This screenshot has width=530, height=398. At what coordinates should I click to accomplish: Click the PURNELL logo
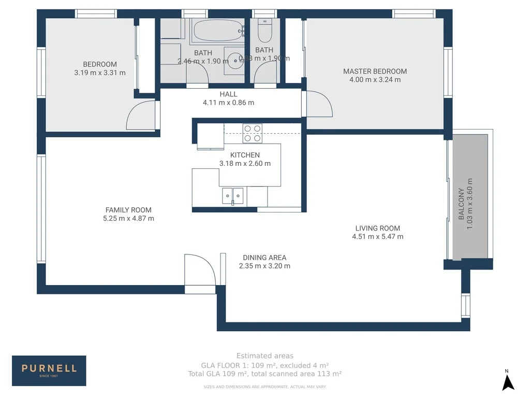49,370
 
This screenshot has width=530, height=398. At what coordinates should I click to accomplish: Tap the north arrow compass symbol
508,382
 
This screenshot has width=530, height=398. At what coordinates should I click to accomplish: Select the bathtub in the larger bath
217,32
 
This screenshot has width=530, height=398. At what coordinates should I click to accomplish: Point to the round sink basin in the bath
237,60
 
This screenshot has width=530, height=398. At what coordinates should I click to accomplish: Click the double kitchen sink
233,196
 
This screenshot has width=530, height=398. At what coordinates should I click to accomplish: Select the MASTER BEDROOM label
375,71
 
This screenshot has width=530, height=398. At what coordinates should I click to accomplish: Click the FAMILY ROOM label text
128,210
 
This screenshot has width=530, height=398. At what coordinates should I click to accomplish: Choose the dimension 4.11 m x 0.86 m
228,103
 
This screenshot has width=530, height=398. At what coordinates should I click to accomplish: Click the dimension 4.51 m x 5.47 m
377,237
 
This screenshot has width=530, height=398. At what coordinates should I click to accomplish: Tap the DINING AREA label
264,257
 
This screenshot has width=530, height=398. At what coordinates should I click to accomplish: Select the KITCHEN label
245,155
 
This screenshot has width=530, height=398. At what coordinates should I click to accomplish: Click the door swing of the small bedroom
141,116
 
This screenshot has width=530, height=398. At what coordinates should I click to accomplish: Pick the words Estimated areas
264,356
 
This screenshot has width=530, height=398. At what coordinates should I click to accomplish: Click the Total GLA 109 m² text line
264,373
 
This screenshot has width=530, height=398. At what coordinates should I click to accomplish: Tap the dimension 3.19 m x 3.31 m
100,73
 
